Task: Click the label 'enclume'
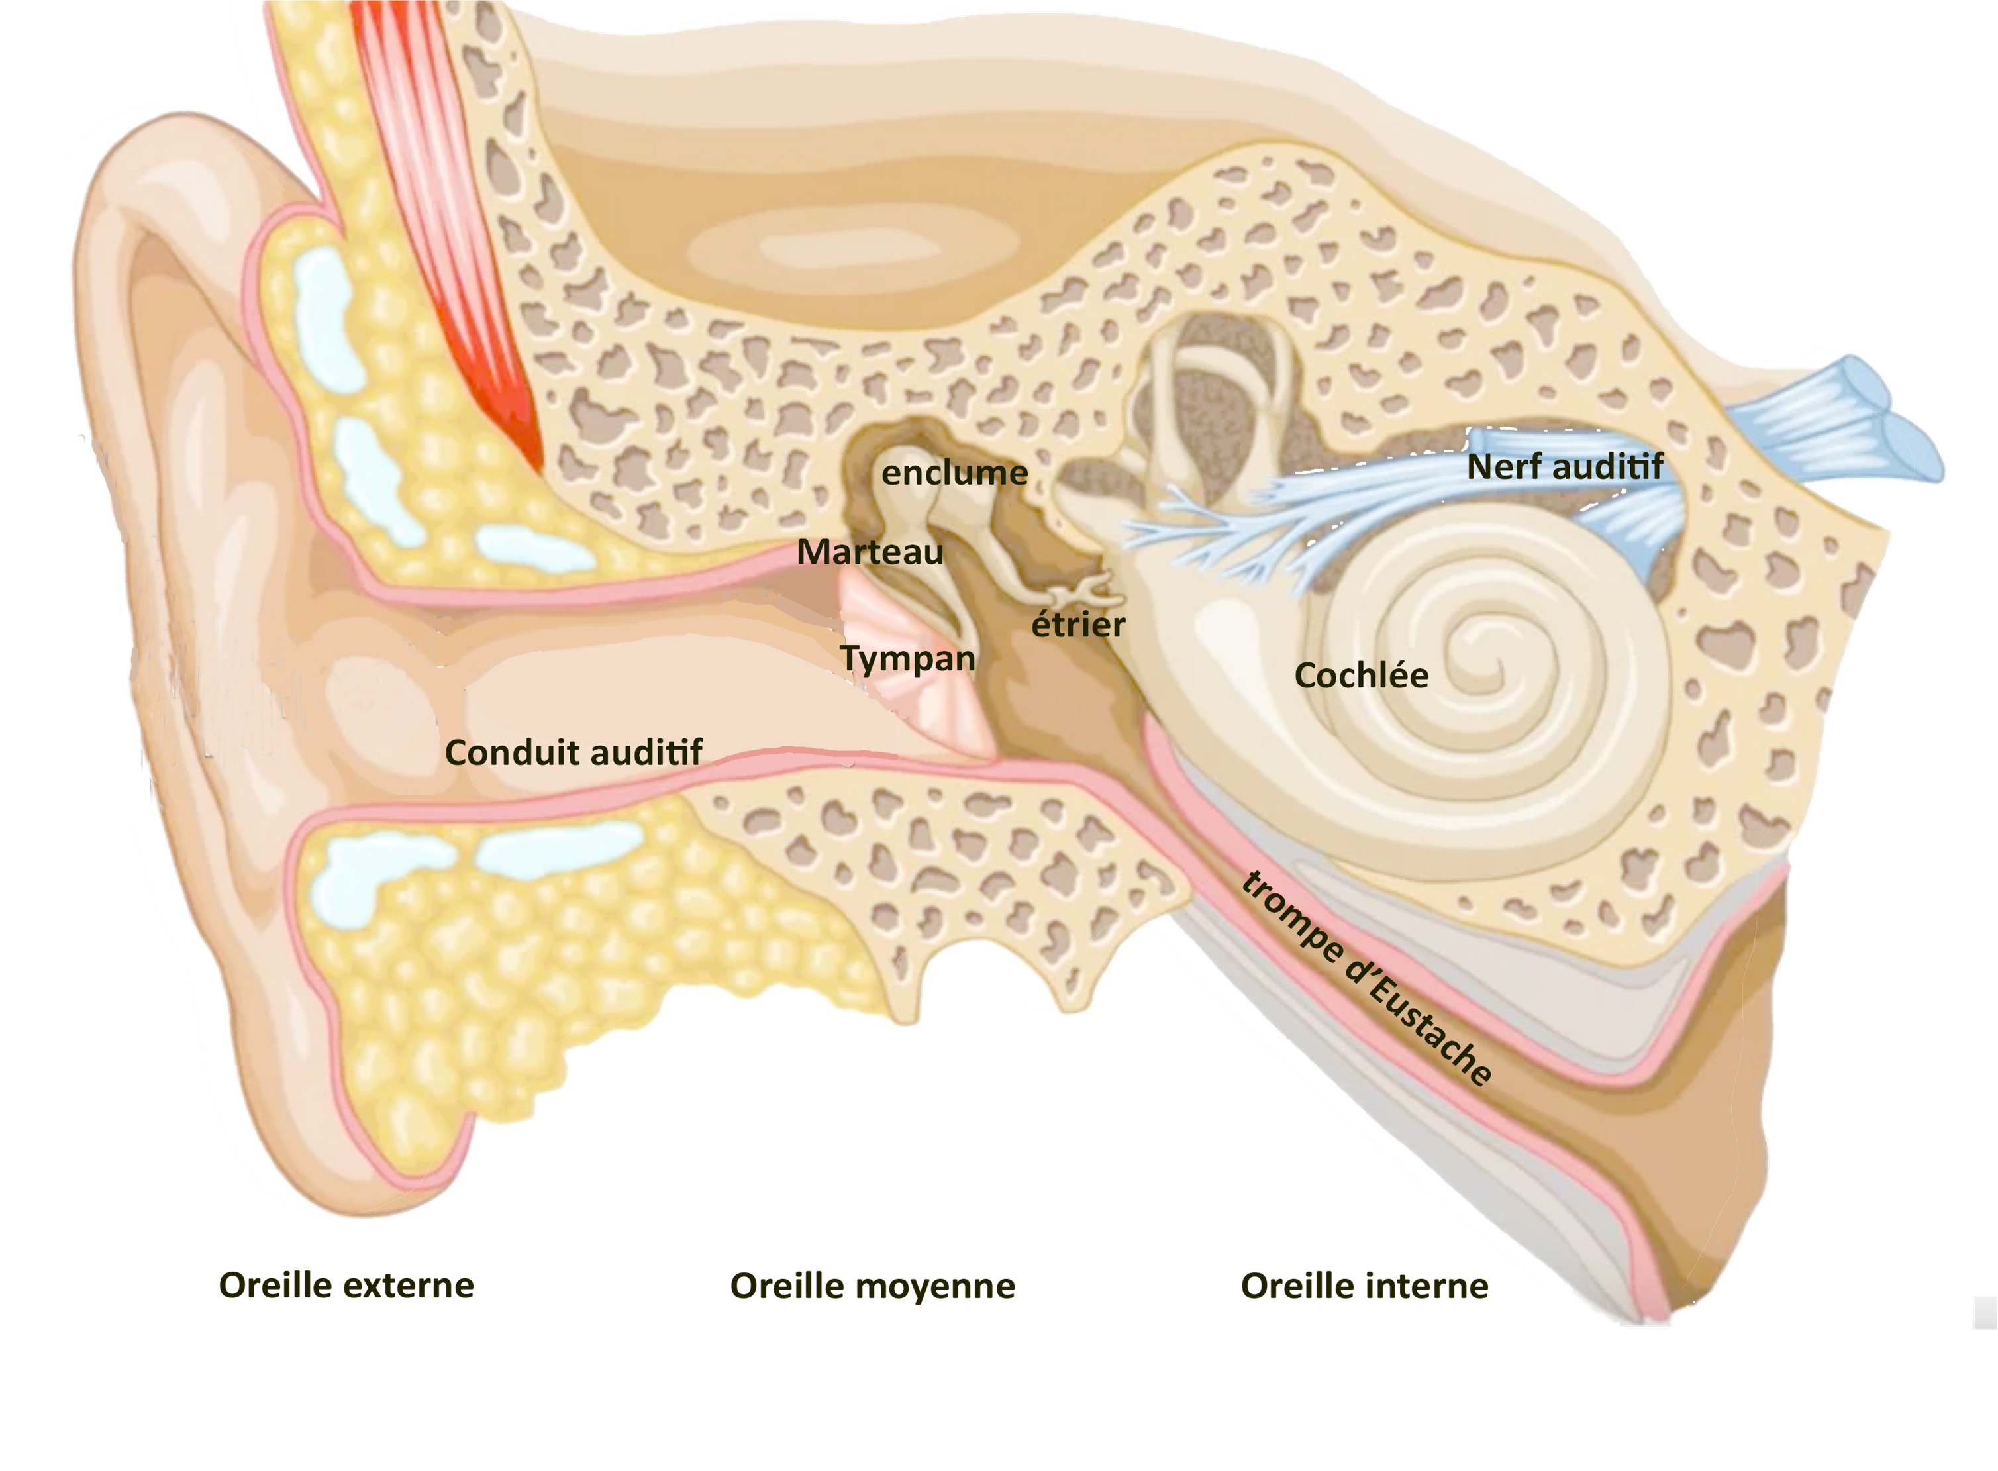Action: click(954, 473)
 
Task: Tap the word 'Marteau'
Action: click(870, 552)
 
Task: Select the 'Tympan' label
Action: click(907, 660)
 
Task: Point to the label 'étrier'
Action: click(1077, 623)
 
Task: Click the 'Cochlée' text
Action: click(1360, 676)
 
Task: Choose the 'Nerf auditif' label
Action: click(1564, 466)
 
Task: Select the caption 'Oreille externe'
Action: click(346, 1285)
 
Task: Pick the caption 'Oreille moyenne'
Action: click(873, 1286)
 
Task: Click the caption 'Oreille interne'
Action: click(1364, 1286)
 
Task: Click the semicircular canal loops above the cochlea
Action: click(1220, 392)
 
